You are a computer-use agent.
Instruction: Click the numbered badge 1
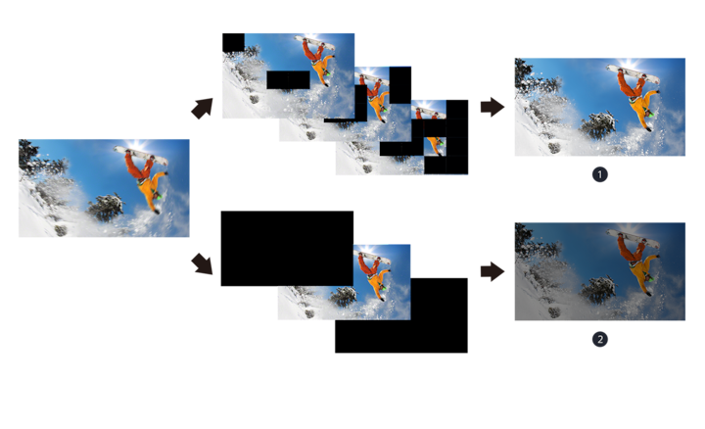(599, 174)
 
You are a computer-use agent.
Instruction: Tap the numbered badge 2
(599, 339)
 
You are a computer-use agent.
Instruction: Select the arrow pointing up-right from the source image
(202, 108)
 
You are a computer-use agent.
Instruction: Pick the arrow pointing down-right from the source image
(202, 263)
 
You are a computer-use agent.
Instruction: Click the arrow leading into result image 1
(492, 107)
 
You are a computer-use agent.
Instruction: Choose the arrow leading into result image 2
(492, 271)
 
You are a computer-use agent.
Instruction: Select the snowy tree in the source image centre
(106, 207)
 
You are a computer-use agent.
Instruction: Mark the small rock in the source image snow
(62, 230)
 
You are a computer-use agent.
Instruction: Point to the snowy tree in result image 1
(598, 124)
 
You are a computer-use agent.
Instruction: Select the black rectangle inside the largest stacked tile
(287, 79)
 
